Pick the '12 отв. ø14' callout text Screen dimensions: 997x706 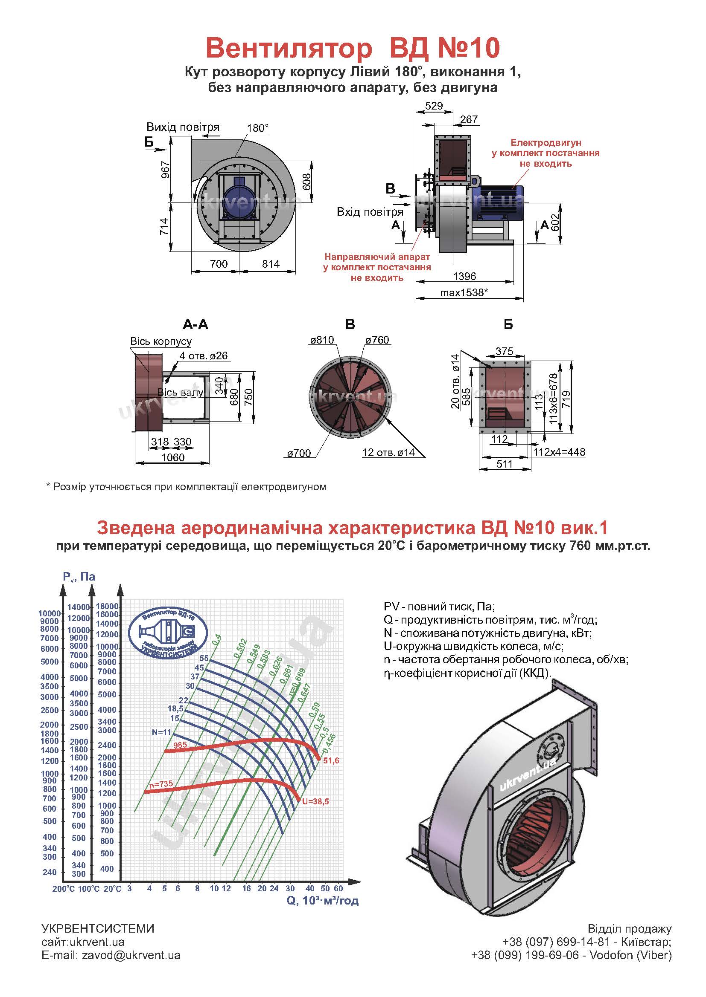click(x=388, y=453)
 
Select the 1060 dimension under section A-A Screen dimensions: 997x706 click(x=172, y=457)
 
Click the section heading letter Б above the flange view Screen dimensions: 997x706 click(x=508, y=324)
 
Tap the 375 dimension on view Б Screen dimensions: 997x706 click(x=504, y=351)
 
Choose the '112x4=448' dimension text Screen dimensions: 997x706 click(x=560, y=452)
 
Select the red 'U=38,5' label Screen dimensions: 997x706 click(x=315, y=801)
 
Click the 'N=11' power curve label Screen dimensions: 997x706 click(x=162, y=732)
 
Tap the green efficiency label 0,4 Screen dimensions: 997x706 click(x=216, y=639)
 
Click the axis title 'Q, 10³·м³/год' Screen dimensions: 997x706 click(x=323, y=901)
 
